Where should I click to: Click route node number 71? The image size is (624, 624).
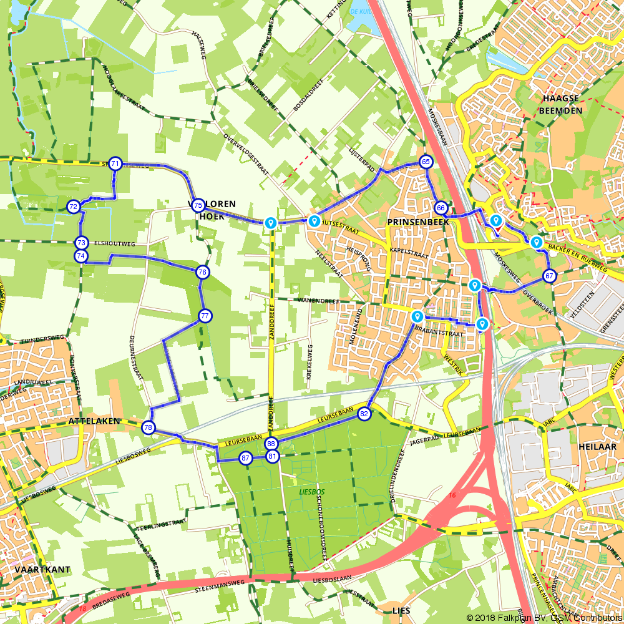[115, 164]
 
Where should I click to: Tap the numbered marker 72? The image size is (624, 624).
[74, 207]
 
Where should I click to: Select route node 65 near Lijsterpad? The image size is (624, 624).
[426, 162]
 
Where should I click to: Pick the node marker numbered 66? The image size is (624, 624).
[441, 208]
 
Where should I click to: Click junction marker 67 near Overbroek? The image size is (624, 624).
[549, 276]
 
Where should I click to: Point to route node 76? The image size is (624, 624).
[202, 272]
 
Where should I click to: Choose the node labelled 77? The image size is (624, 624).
[205, 316]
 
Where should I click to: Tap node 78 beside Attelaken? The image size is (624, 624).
[148, 427]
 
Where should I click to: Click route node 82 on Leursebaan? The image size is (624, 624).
[364, 413]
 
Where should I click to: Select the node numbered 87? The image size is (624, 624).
[245, 459]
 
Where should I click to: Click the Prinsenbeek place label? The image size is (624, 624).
[413, 222]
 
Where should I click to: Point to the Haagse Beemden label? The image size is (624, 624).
[562, 105]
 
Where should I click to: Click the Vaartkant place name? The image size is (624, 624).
[42, 569]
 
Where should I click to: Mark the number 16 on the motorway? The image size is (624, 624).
[451, 495]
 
